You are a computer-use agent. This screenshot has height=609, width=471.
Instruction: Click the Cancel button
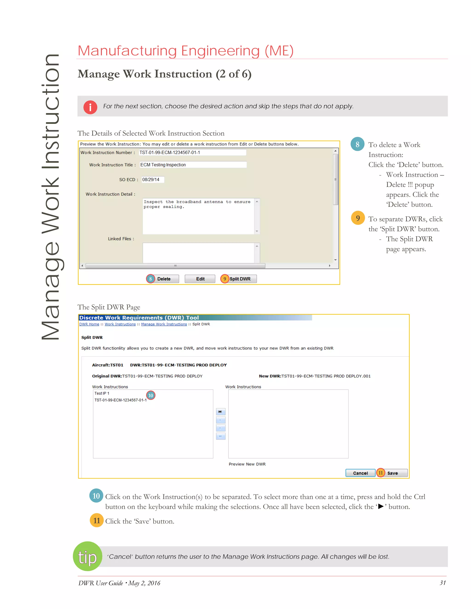point(360,473)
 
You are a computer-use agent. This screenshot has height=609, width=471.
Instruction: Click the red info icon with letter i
point(90,107)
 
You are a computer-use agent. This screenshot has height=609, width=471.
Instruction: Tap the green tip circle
point(87,556)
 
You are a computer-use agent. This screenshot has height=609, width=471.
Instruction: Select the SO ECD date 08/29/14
point(152,179)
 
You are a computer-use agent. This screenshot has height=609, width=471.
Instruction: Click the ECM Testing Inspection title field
point(193,165)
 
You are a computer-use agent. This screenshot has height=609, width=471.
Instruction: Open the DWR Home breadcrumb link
point(89,324)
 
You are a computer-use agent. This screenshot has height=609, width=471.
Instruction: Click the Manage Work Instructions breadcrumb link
point(164,324)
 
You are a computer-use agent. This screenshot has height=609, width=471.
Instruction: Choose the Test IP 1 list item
point(102,393)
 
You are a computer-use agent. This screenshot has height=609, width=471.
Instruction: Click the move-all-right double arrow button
point(220,412)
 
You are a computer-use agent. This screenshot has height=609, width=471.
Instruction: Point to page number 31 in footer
point(442,583)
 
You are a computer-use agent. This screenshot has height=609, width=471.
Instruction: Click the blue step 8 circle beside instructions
point(357,144)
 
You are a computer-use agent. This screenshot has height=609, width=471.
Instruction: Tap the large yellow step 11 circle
point(97,520)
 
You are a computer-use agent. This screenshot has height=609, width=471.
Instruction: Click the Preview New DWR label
point(247,464)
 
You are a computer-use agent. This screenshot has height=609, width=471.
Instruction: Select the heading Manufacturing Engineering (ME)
point(186,51)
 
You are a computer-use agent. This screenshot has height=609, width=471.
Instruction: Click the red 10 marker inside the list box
point(151,395)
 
